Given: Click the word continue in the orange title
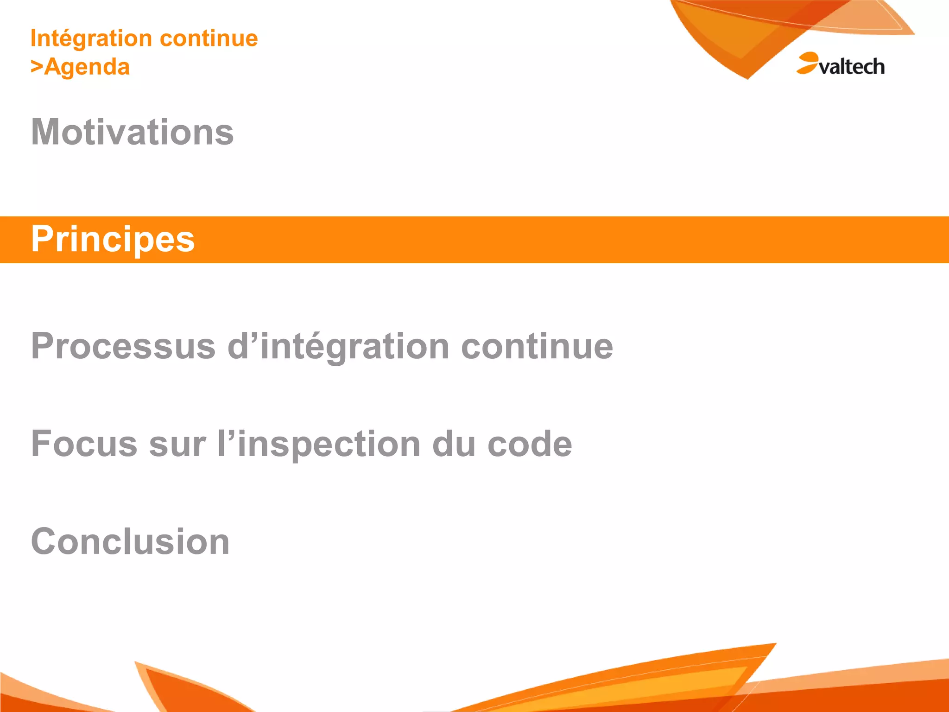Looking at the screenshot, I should pos(209,38).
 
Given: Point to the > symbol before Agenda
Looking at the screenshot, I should pos(37,67).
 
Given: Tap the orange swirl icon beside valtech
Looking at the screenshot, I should pos(807,63).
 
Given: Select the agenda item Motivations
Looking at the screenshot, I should pos(133,132).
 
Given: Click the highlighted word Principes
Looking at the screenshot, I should pos(113,239).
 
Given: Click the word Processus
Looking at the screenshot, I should pos(123,346).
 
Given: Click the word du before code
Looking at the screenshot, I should pos(454,444).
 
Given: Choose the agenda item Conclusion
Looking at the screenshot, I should pos(130,541).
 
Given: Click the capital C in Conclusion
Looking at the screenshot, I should pos(44,541).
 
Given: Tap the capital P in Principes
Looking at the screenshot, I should pos(43,239).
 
